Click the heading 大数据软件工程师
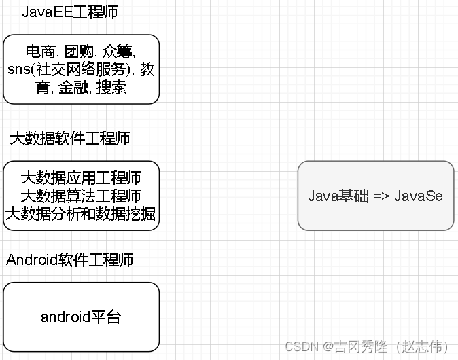pyautogui.click(x=69, y=139)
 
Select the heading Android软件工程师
pyautogui.click(x=70, y=259)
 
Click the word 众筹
pyautogui.click(x=119, y=52)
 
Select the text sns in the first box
pyautogui.click(x=18, y=70)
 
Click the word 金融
pyautogui.click(x=73, y=88)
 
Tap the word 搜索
pyautogui.click(x=112, y=88)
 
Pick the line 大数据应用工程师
pyautogui.click(x=81, y=178)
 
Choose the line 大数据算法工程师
pyautogui.click(x=81, y=196)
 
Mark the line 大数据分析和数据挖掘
pyautogui.click(x=81, y=215)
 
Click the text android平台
pyautogui.click(x=81, y=317)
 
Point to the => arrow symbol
pyautogui.click(x=381, y=196)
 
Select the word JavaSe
pyautogui.click(x=419, y=196)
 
